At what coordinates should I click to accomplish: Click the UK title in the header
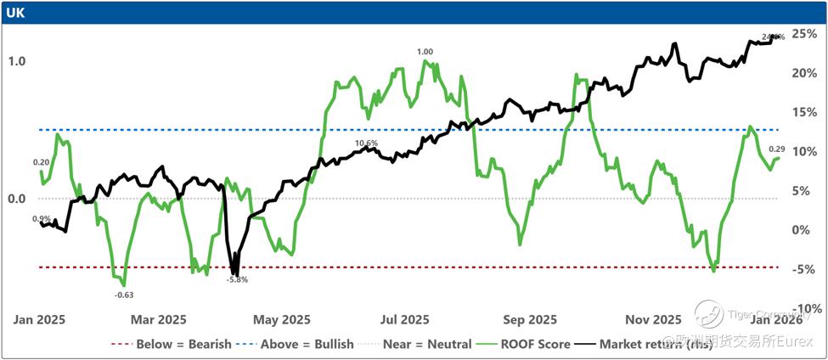(x=15, y=13)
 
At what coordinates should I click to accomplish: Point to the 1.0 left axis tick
(x=17, y=61)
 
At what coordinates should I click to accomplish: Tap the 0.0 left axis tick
(x=17, y=199)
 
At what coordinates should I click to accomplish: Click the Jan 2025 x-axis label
(x=39, y=320)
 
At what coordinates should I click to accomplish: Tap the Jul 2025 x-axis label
(x=404, y=320)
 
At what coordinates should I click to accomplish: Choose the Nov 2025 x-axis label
(x=653, y=320)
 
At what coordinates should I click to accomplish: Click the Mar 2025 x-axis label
(x=160, y=320)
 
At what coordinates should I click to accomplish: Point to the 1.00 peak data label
(x=425, y=52)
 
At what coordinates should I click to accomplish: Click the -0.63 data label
(x=124, y=295)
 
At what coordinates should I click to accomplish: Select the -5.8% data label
(x=237, y=279)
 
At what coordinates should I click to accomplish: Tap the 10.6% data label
(x=366, y=143)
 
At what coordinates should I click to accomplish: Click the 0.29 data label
(x=777, y=149)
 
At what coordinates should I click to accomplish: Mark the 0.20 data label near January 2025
(x=41, y=162)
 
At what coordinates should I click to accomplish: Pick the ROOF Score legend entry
(x=526, y=344)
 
